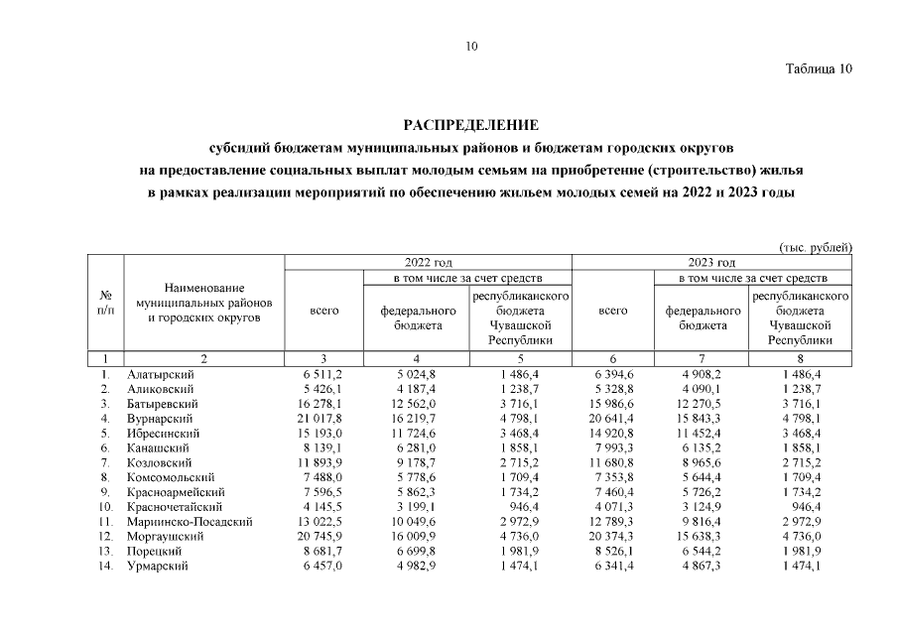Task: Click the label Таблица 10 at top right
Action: point(819,69)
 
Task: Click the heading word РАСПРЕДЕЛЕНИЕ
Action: point(471,125)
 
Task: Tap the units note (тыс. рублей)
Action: point(815,247)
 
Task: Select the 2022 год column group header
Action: point(429,262)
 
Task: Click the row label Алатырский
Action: point(160,375)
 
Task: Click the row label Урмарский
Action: point(158,566)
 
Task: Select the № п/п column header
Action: point(106,302)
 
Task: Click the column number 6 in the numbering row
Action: point(614,358)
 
